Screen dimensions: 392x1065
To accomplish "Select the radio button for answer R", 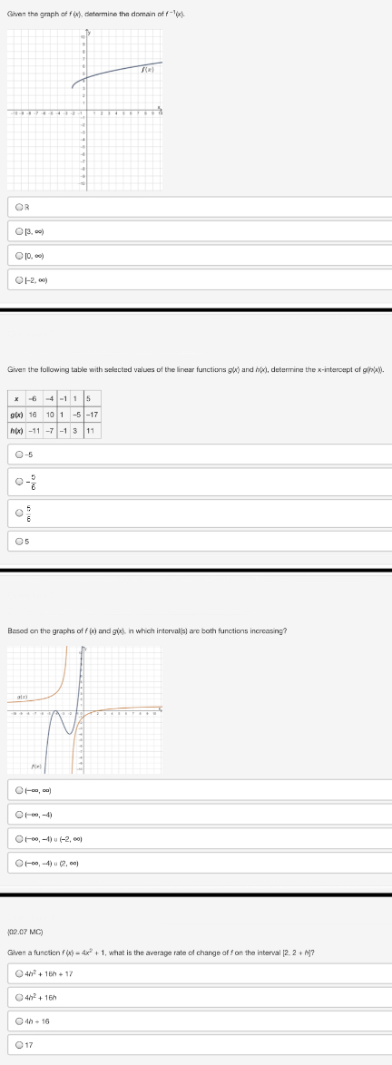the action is coord(18,208).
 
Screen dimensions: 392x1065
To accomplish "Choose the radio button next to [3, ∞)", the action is coord(18,231).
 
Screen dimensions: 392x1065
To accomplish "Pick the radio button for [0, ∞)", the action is coord(18,255).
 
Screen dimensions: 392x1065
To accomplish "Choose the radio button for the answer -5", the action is coord(18,455).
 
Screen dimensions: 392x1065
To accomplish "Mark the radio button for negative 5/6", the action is coord(18,482).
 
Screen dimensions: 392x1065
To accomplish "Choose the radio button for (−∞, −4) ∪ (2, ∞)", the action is coord(18,862).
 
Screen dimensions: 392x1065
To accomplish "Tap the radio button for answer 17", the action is coord(18,1043).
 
